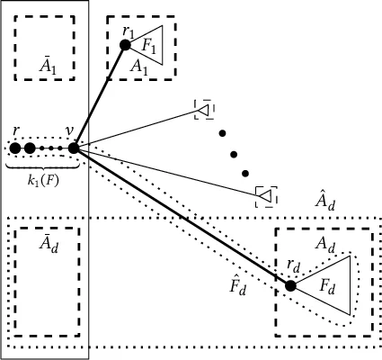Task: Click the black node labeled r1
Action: (126, 43)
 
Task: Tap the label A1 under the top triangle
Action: (138, 66)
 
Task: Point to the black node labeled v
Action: (74, 148)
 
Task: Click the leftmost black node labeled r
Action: (14, 148)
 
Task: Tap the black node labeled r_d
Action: (290, 285)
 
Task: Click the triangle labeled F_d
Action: (329, 284)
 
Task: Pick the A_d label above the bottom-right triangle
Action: (324, 245)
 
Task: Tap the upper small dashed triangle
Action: (204, 110)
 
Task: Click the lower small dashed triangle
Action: (265, 194)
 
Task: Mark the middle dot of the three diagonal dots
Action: (232, 153)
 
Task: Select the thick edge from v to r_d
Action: (180, 215)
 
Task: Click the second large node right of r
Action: (30, 148)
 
